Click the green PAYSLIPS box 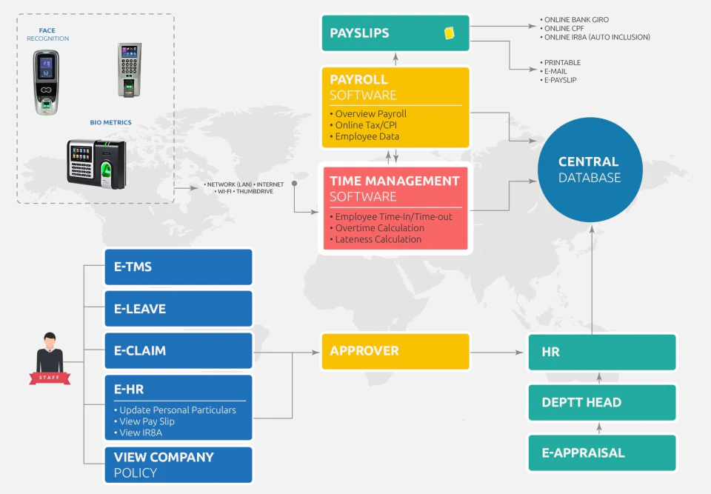(x=395, y=33)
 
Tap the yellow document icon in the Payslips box (x=450, y=33)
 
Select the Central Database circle (x=590, y=170)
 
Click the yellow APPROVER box (x=395, y=351)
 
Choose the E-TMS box (x=178, y=267)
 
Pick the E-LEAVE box (x=178, y=308)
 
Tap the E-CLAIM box (x=178, y=350)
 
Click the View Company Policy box (x=178, y=465)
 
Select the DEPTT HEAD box (x=602, y=402)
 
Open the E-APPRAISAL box (x=602, y=453)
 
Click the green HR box (x=602, y=352)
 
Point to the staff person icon (x=50, y=358)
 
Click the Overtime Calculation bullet (x=377, y=228)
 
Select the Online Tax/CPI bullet (x=363, y=125)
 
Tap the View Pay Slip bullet (x=144, y=421)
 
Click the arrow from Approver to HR (x=496, y=352)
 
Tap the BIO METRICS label (x=110, y=122)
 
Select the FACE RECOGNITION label (x=47, y=35)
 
